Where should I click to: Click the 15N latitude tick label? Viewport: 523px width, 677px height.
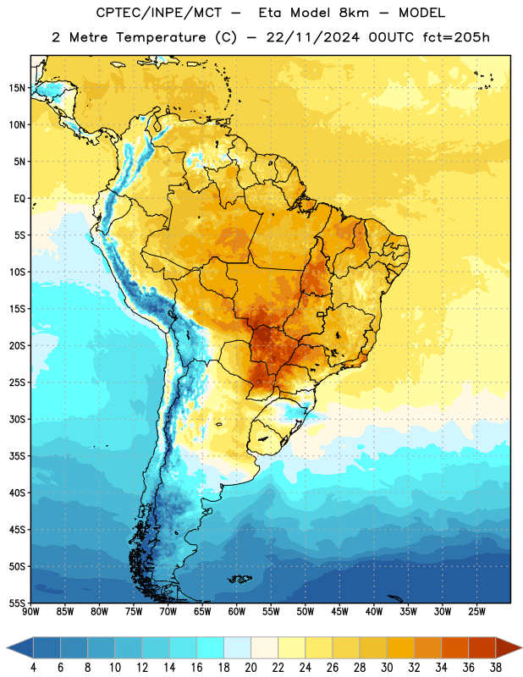tap(16, 88)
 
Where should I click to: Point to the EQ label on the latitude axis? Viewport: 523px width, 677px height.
tap(19, 199)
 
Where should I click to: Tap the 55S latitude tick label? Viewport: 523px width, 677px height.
tap(16, 603)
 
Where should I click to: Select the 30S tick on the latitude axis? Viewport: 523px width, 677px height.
tap(16, 419)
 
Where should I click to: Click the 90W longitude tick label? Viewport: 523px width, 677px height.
tap(31, 612)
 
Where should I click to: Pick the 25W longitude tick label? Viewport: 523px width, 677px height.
tap(476, 612)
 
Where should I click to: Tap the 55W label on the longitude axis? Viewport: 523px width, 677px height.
tap(271, 612)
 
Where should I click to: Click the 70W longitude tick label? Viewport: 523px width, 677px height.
tap(168, 612)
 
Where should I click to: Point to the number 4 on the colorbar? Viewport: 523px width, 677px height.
tap(33, 668)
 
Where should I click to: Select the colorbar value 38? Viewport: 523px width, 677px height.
tap(496, 668)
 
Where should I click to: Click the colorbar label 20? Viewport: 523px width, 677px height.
tap(250, 668)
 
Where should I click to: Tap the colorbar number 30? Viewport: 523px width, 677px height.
tap(387, 668)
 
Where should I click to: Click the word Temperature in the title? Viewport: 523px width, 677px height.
tap(161, 37)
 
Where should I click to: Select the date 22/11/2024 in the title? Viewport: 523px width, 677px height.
tap(312, 37)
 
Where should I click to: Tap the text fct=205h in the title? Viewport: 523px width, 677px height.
tap(456, 37)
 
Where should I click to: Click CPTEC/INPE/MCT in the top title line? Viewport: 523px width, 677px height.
tap(158, 13)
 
